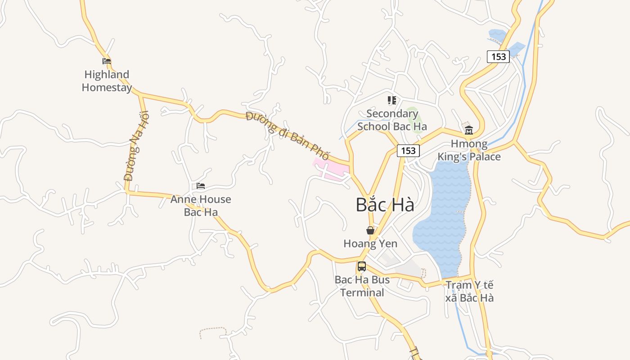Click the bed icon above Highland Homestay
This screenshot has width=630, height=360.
click(x=107, y=61)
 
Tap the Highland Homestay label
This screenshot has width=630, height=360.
click(x=107, y=81)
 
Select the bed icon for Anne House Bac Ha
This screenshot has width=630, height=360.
click(x=201, y=186)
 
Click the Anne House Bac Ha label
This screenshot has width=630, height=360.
click(x=201, y=206)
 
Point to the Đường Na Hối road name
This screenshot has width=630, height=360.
click(x=136, y=146)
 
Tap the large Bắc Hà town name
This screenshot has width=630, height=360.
click(x=385, y=205)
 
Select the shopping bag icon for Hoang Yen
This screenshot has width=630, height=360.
click(x=370, y=230)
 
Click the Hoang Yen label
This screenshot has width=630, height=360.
click(x=370, y=244)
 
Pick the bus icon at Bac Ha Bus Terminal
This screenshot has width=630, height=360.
click(x=362, y=266)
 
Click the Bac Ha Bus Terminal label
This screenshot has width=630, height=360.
click(x=362, y=286)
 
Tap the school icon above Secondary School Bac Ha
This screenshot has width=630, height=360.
click(x=392, y=100)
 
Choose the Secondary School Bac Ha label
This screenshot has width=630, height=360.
click(x=392, y=120)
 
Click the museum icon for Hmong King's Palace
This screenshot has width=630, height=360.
click(x=469, y=130)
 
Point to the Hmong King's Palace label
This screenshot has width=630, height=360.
click(x=469, y=150)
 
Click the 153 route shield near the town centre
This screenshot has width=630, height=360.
click(x=408, y=151)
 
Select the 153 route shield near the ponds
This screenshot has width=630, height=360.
click(x=498, y=57)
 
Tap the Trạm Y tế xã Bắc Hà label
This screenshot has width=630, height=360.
click(x=469, y=292)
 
